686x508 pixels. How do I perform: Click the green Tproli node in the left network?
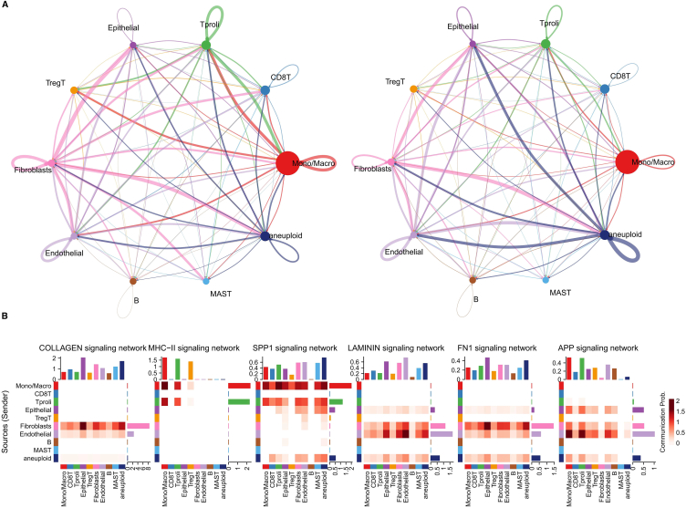pos(206,46)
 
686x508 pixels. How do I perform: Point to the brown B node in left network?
pos(134,280)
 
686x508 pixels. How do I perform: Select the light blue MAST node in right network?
pos(546,280)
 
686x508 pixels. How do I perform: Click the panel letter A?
pos(6,5)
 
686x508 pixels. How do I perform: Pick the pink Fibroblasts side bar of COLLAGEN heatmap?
pos(139,425)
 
